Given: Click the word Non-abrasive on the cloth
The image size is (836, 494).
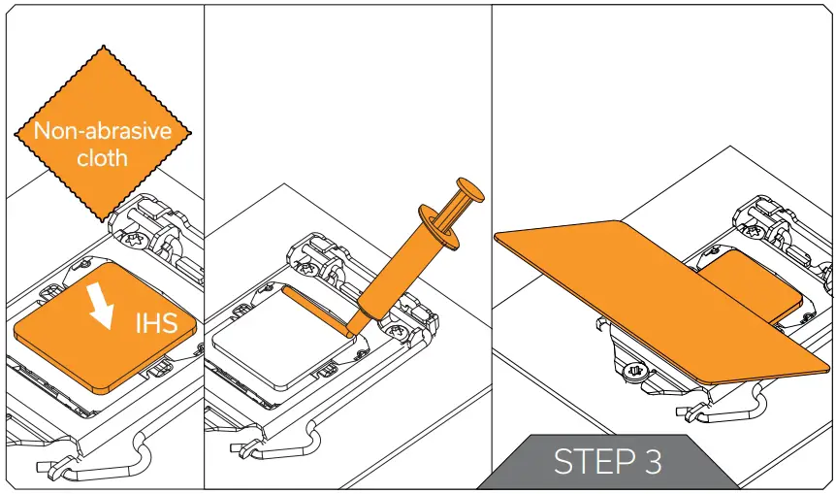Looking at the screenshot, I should click(101, 131).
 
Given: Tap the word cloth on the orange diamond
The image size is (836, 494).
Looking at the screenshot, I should click(102, 157).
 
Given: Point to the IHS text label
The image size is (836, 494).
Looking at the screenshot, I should click(155, 322).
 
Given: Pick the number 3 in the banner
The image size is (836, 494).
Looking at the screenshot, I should click(651, 462).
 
